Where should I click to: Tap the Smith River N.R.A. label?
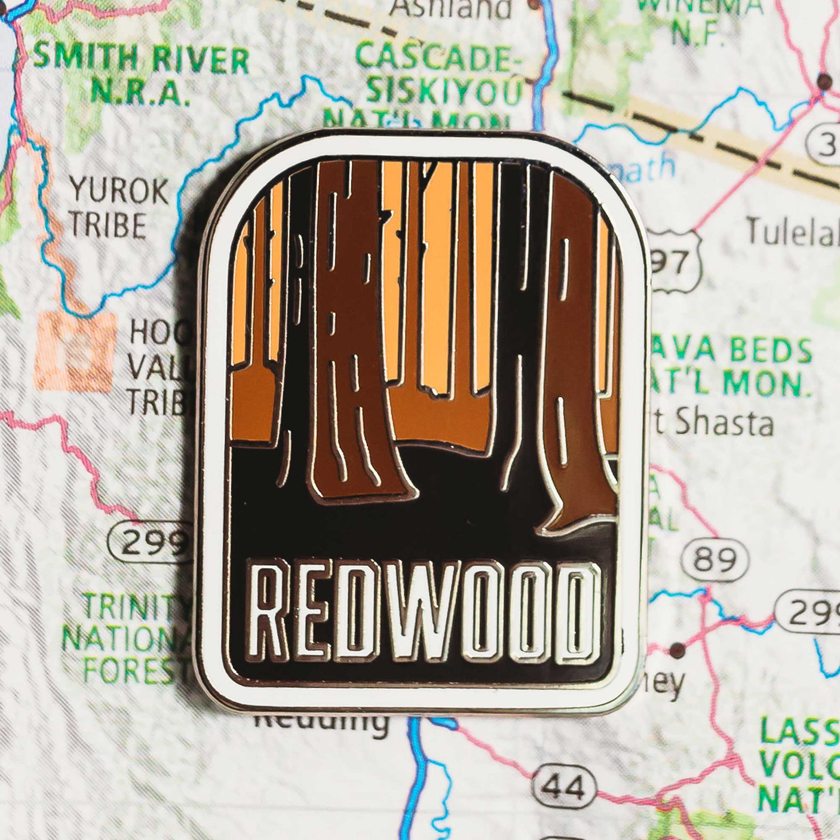coord(140,75)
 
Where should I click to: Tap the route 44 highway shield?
coord(564,787)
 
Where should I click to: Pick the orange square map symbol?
coord(75,351)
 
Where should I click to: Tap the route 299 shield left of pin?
coord(149,542)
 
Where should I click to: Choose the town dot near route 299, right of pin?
coord(677,649)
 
